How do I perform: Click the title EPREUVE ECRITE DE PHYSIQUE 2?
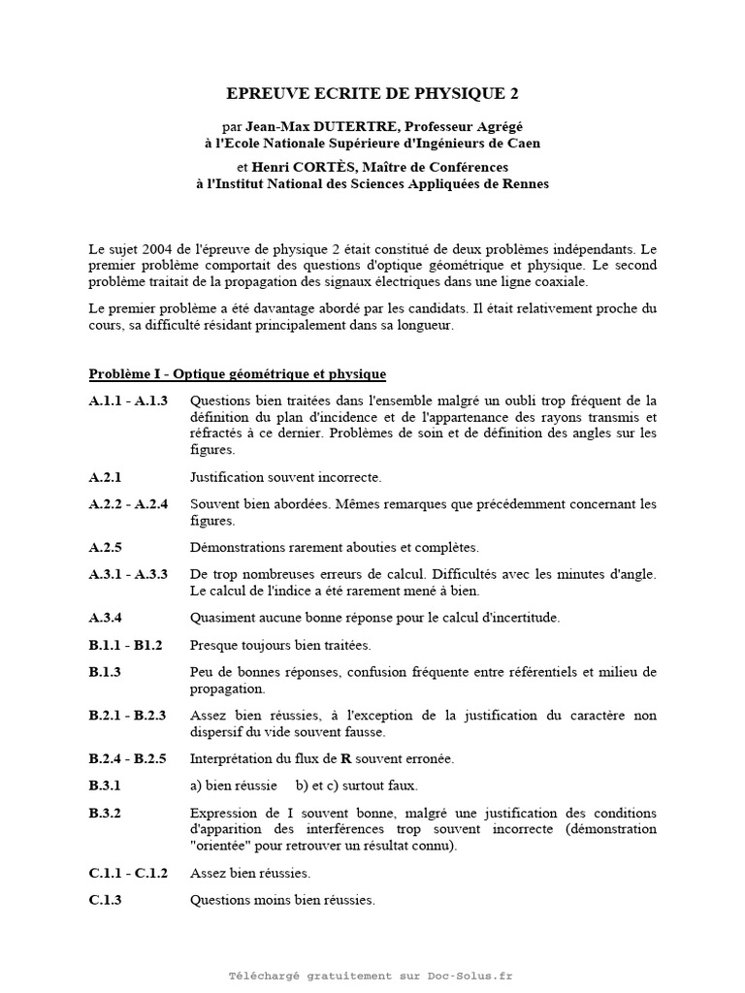[372, 94]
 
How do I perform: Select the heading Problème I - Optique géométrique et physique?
[238, 373]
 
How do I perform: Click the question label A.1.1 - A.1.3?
[128, 400]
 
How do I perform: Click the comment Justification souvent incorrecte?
[286, 477]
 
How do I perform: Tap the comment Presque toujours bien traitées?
[280, 645]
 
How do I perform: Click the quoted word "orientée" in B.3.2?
[222, 846]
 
